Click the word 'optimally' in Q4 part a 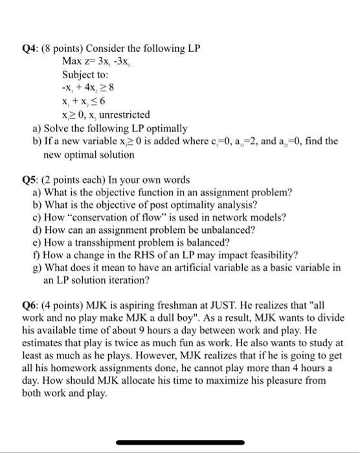pyautogui.click(x=168, y=127)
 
